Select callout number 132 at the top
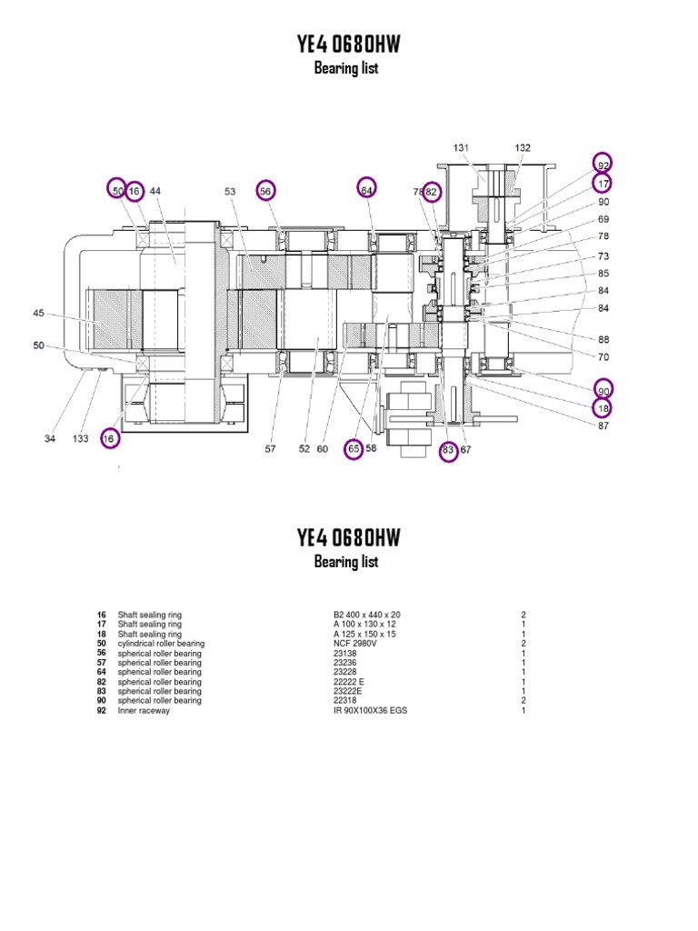(x=523, y=147)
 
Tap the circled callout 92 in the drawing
(x=603, y=164)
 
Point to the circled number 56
(x=265, y=190)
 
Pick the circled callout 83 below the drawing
(x=448, y=449)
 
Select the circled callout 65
(x=354, y=448)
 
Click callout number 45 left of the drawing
(x=38, y=314)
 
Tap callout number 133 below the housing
(x=81, y=439)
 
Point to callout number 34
(x=50, y=439)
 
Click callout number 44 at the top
(x=155, y=191)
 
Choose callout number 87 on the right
(x=603, y=425)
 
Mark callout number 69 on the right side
(x=603, y=219)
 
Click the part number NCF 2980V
(x=354, y=644)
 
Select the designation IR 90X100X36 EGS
(x=371, y=711)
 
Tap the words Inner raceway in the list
(x=144, y=711)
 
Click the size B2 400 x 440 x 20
(x=367, y=615)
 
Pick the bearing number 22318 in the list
(x=345, y=701)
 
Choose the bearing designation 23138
(x=345, y=653)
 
